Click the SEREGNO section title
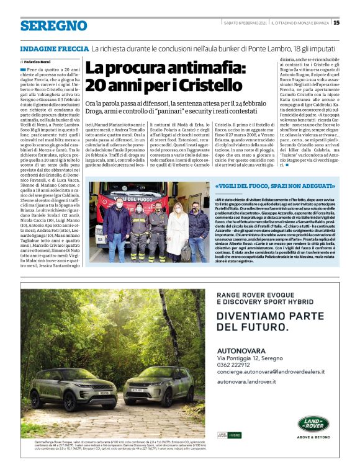pyautogui.click(x=53, y=25)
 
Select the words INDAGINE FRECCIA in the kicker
pyautogui.click(x=54, y=48)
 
